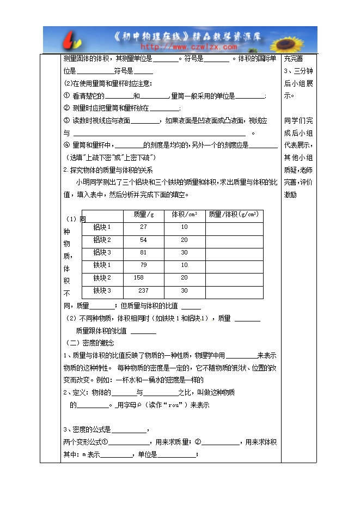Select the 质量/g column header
pos(143,215)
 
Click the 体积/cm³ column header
pos(184,215)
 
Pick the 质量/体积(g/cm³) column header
pos(234,215)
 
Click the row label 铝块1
pos(102,227)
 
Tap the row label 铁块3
pos(102,291)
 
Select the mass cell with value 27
pos(143,227)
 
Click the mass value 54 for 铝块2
pos(143,240)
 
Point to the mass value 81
pos(143,253)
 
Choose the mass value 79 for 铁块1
pos(143,265)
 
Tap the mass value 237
pos(143,291)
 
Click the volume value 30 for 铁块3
pos(184,291)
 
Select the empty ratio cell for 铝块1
pos(234,227)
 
